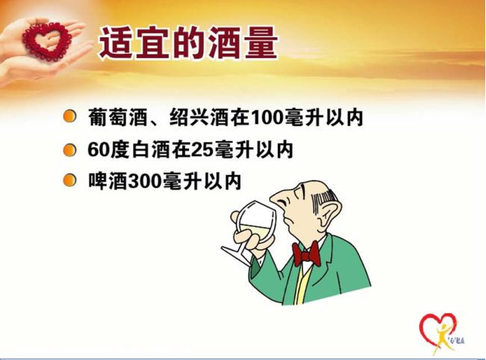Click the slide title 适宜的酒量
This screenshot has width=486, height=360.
click(x=188, y=43)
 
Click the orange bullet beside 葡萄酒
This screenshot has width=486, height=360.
click(x=69, y=117)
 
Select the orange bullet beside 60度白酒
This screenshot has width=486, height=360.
click(x=69, y=150)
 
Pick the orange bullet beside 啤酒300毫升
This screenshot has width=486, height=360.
click(x=69, y=181)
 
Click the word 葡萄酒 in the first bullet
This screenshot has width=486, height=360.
click(x=117, y=117)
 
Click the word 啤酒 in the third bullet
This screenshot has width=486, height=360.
click(x=108, y=181)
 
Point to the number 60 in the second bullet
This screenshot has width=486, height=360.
click(x=99, y=150)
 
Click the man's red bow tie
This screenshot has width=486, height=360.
click(x=305, y=254)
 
